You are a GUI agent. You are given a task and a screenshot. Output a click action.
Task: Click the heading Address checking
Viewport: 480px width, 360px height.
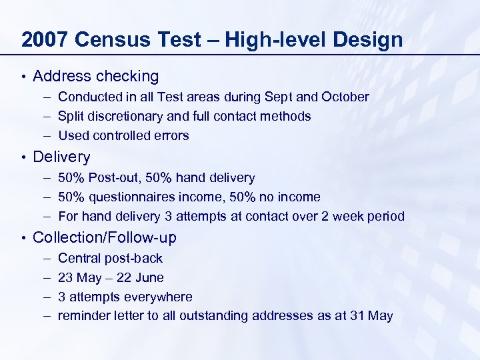95,77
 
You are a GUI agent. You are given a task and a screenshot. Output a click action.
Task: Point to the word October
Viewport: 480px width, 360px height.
345,97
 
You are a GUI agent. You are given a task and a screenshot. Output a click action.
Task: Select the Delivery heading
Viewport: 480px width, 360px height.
61,157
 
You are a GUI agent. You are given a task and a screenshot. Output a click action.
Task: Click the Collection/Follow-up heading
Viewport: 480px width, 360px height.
105,237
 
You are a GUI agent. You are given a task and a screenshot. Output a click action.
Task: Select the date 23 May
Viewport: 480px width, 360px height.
77,277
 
